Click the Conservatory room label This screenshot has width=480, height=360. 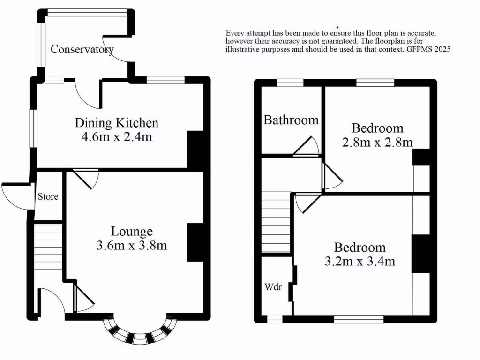[82, 49]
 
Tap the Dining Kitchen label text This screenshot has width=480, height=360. [117, 123]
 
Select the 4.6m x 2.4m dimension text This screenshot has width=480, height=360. [117, 137]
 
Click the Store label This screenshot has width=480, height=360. [48, 196]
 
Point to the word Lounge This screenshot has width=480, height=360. [132, 231]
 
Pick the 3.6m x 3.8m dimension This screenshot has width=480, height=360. [132, 245]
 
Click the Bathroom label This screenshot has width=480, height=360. [291, 120]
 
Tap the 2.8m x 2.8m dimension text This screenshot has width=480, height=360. [377, 142]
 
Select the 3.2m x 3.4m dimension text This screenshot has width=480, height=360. [360, 261]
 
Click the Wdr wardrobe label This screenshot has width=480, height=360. [273, 287]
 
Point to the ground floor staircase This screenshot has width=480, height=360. [48, 246]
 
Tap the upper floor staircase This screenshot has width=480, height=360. [276, 222]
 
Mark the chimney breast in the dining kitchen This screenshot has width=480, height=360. [194, 149]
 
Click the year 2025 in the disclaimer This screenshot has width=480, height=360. [442, 49]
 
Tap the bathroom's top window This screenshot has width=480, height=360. [290, 83]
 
